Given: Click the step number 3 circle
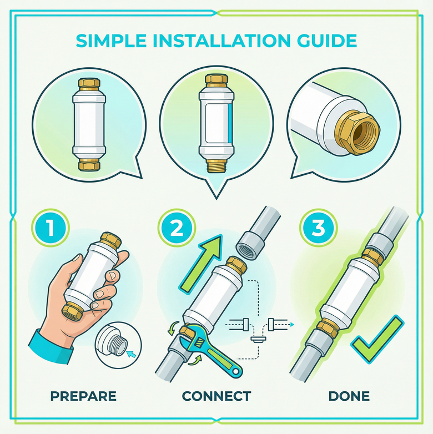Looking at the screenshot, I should [x=314, y=228].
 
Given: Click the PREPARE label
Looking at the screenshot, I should [x=83, y=396].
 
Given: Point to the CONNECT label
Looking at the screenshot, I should [x=216, y=396].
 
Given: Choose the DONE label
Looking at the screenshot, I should [x=349, y=396].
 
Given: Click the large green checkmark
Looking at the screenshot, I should [x=376, y=339].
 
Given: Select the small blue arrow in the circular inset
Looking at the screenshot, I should [x=131, y=352].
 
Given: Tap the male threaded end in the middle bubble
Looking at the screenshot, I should [x=215, y=165].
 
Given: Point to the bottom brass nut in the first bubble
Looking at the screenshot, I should [x=89, y=164].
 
